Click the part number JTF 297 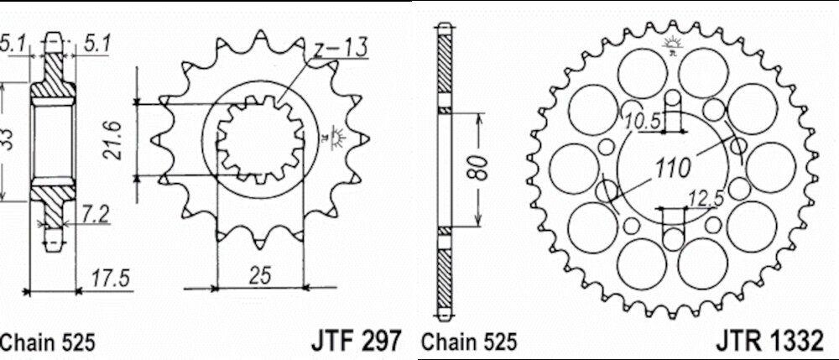355,340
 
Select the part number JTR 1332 769,340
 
